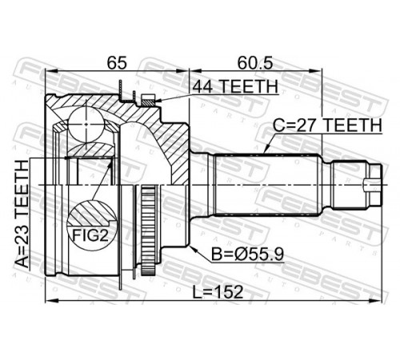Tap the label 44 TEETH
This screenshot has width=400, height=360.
click(x=235, y=86)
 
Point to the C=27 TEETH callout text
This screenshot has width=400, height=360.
click(x=328, y=125)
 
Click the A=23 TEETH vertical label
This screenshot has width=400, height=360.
click(x=22, y=214)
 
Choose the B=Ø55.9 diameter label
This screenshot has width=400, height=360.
click(x=247, y=254)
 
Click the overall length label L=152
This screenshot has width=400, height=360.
click(x=218, y=292)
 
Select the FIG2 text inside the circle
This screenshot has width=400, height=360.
click(x=90, y=235)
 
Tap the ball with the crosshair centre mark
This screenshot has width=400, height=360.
click(x=86, y=124)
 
